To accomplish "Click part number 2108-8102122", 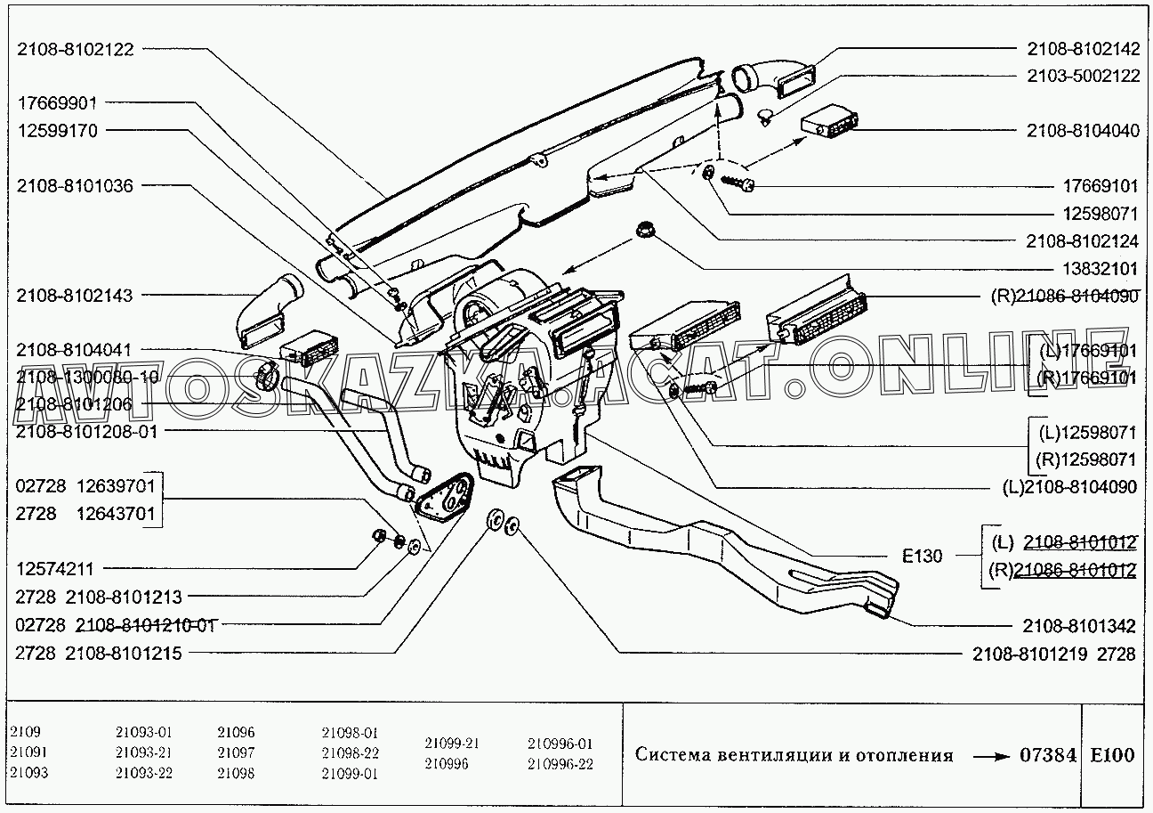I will [x=75, y=50].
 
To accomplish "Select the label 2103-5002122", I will [x=1083, y=76].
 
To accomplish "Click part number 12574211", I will [x=55, y=568].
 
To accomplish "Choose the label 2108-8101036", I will [x=75, y=186].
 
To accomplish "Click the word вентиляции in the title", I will [x=772, y=756].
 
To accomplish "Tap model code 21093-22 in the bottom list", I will [x=143, y=772].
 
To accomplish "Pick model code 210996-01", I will [x=560, y=743].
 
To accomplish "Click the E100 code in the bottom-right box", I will [x=1112, y=755].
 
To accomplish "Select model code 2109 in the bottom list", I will [x=26, y=732].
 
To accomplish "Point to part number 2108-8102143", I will [x=75, y=296].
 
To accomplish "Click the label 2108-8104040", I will [x=1083, y=131].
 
